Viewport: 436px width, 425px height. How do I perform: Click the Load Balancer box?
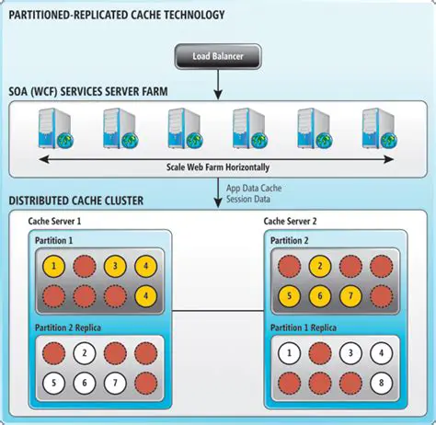click(217, 57)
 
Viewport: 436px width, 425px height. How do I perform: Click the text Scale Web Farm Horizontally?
click(218, 167)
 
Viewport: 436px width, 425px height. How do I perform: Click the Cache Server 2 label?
click(292, 222)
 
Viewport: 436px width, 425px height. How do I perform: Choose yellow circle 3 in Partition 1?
click(114, 267)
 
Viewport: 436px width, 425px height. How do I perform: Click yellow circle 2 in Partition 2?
click(318, 267)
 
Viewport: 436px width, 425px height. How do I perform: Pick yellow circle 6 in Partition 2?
click(318, 297)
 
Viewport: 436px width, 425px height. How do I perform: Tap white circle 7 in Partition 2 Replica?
click(114, 382)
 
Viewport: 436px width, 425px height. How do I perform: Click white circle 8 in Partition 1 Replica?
click(378, 382)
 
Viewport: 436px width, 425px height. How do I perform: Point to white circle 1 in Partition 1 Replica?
click(289, 352)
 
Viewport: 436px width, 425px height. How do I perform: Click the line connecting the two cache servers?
click(217, 312)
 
